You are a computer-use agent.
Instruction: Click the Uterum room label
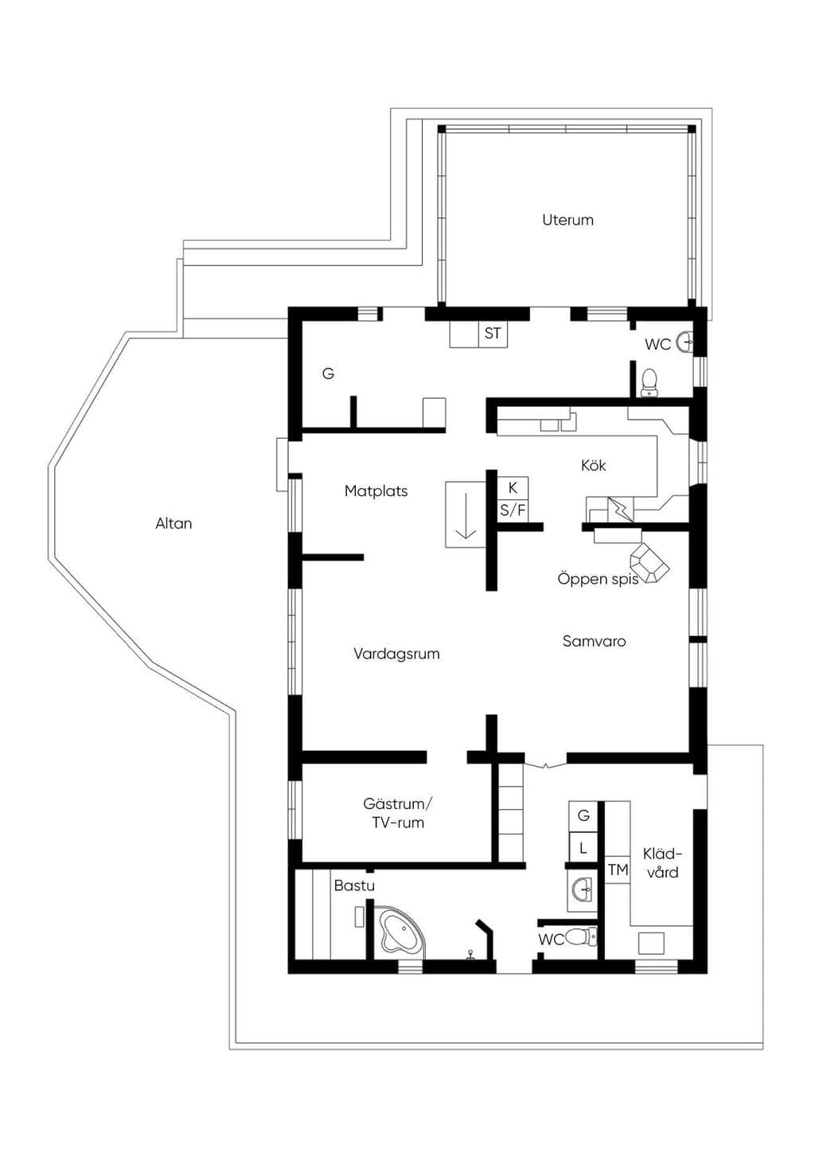pos(567,220)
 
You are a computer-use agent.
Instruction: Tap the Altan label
pos(174,523)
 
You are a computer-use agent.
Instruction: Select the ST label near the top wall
pos(493,333)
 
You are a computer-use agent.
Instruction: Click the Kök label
pos(593,465)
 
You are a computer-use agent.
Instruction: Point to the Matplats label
pos(376,491)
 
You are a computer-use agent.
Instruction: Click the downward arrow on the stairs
pos(466,515)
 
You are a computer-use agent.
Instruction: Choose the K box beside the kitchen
pos(513,487)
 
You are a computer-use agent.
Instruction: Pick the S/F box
pos(513,510)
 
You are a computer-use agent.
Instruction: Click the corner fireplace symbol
pos(649,563)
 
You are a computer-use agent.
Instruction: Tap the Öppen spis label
pos(598,579)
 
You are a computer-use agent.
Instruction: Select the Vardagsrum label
pos(396,654)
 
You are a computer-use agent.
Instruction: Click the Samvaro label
pos(595,641)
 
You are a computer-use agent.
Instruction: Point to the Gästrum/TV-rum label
pos(398,813)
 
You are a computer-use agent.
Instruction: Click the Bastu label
pos(354,885)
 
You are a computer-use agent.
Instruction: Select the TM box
pos(618,870)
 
